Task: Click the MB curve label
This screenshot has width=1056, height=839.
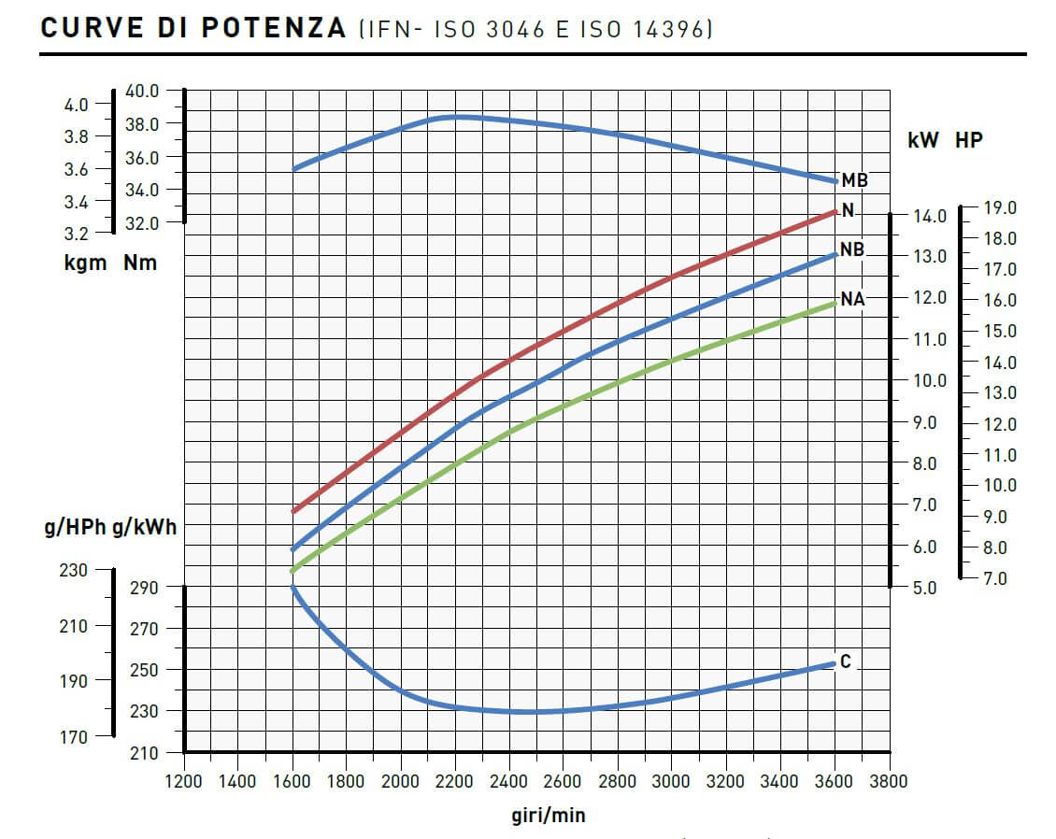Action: pos(854,179)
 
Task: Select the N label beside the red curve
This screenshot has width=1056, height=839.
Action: pos(848,210)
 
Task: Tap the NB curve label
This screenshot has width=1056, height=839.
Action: pos(851,250)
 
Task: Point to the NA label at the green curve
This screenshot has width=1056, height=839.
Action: pos(852,300)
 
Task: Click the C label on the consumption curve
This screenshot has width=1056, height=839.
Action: pos(846,661)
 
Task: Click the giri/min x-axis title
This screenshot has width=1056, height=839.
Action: pos(549,815)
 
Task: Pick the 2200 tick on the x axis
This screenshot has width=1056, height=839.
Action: pos(455,781)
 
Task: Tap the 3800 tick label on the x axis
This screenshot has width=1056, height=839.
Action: pos(888,781)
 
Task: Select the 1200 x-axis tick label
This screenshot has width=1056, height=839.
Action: pos(184,781)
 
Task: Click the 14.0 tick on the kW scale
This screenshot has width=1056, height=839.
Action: pos(930,216)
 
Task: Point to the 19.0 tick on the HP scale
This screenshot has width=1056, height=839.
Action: pos(1002,207)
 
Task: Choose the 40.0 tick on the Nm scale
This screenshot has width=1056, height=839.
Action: pos(142,91)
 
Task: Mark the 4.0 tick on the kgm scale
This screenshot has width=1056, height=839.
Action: pos(76,105)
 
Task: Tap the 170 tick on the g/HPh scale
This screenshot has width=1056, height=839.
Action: pos(73,736)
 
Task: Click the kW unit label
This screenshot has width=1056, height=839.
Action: pos(923,141)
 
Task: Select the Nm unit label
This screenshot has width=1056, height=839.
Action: pos(140,263)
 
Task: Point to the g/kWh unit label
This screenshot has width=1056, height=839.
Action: pos(144,528)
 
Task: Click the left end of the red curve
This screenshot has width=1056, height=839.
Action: pos(293,511)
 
